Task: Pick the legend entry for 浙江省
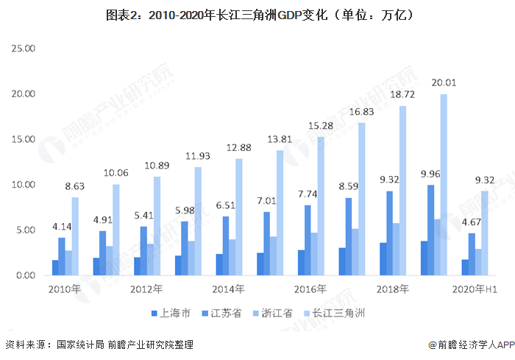tap(277, 313)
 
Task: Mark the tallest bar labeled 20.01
tap(443, 184)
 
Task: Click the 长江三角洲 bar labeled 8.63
tap(75, 236)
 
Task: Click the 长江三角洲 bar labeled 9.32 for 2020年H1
tap(484, 233)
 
